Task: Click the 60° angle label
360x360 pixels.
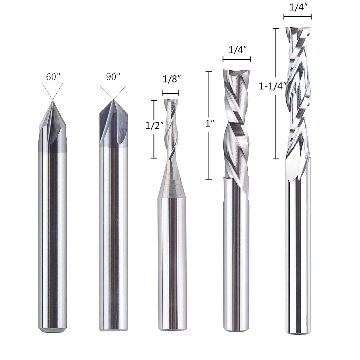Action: point(53,77)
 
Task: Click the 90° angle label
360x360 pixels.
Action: point(113,77)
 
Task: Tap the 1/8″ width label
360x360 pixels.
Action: point(171,79)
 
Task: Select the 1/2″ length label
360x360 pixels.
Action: point(154,126)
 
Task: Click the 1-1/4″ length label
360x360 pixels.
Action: point(272,86)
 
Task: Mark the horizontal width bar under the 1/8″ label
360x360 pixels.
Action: point(171,93)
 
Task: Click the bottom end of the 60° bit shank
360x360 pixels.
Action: point(53,329)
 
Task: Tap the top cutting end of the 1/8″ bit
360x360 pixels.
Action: point(171,101)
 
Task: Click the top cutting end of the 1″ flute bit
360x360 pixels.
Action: point(236,71)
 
